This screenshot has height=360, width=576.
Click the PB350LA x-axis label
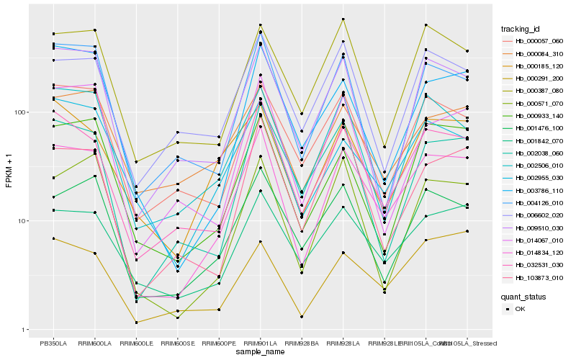(x=53, y=343)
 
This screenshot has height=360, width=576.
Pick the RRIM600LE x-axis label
(x=136, y=343)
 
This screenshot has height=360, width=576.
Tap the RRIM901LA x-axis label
(x=260, y=343)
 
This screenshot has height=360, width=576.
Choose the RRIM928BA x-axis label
(x=302, y=343)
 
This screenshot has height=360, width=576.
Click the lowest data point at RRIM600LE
(x=136, y=322)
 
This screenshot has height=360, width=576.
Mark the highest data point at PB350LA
(x=53, y=34)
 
